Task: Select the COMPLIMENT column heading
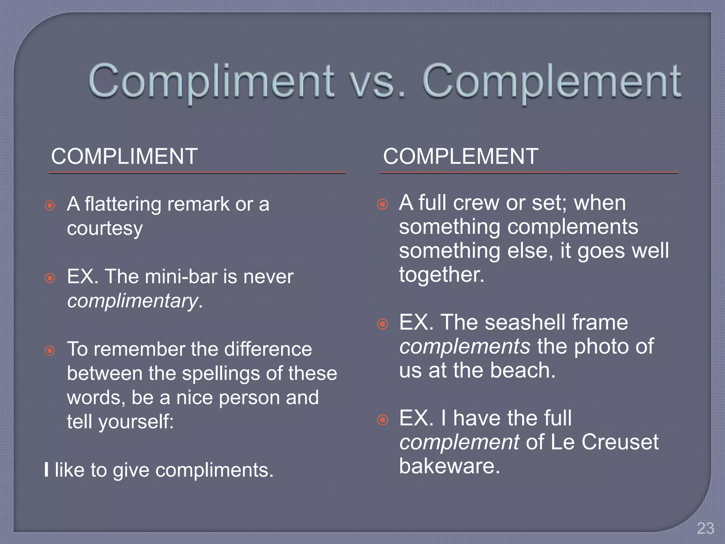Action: pyautogui.click(x=124, y=156)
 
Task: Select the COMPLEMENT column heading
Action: pyautogui.click(x=461, y=156)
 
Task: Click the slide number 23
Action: pyautogui.click(x=705, y=528)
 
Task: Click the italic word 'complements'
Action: pyautogui.click(x=464, y=346)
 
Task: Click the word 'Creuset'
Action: pyautogui.click(x=620, y=442)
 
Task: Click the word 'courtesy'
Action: pyautogui.click(x=105, y=228)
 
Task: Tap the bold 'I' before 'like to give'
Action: pyautogui.click(x=47, y=470)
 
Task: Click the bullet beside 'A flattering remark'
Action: pyautogui.click(x=50, y=205)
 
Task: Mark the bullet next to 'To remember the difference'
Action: pyautogui.click(x=50, y=351)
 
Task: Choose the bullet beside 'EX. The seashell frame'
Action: pyautogui.click(x=382, y=324)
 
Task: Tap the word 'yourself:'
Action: pyautogui.click(x=136, y=422)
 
